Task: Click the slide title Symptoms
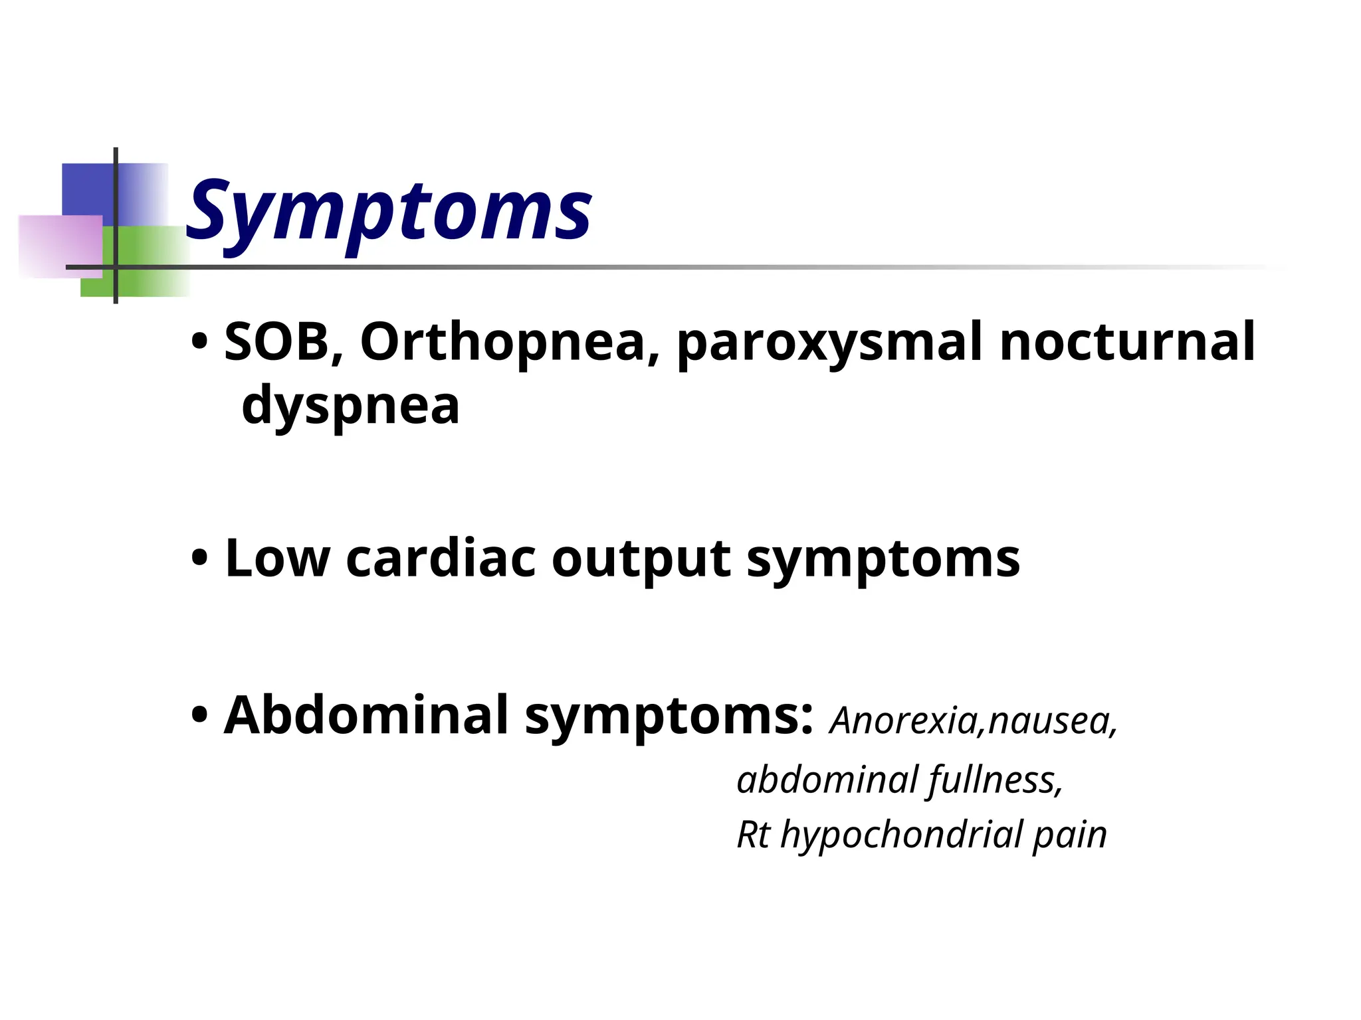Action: tap(389, 211)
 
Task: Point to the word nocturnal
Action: tap(1127, 342)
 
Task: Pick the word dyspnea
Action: tap(350, 406)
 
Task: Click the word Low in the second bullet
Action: tap(277, 558)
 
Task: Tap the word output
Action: tap(641, 560)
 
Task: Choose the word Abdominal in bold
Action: tap(366, 715)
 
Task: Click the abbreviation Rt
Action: tap(754, 835)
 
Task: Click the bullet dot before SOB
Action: tap(199, 343)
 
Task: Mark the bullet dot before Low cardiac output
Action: tap(199, 560)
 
